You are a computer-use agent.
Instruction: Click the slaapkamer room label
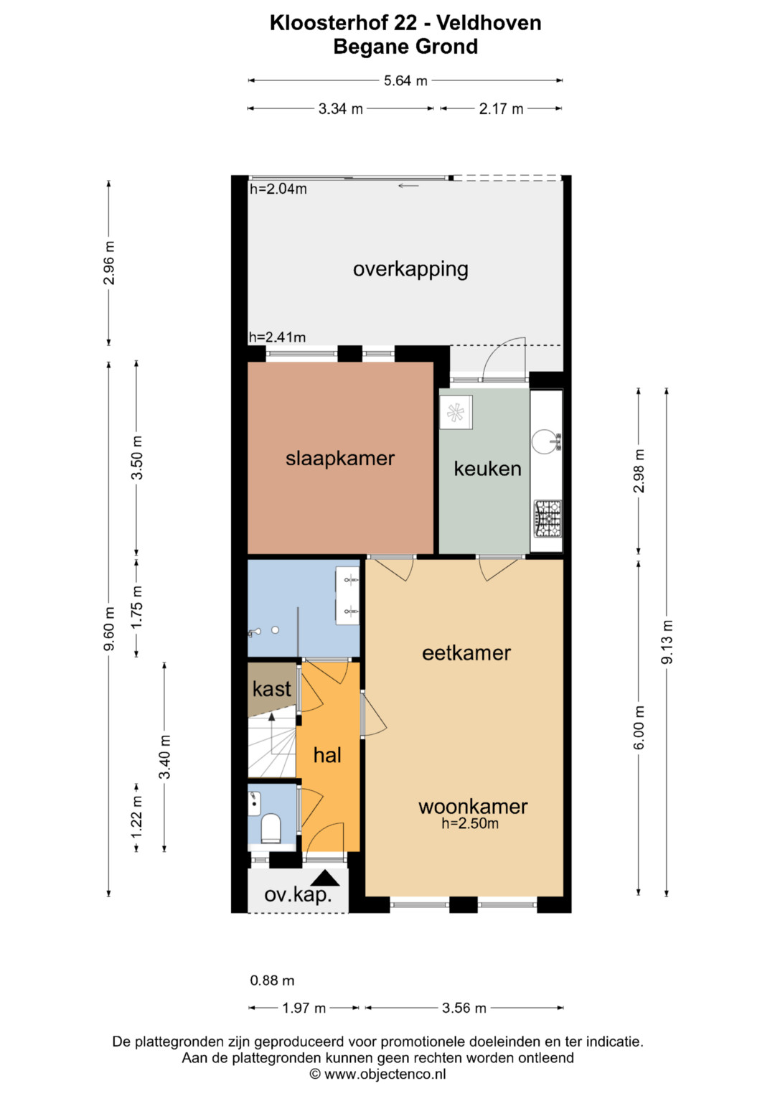coord(340,459)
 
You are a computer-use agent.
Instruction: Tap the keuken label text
coord(487,469)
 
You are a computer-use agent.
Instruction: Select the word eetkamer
coord(466,653)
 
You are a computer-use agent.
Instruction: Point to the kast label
coord(271,689)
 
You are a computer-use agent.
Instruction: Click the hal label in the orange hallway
coord(327,755)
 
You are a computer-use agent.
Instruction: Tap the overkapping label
coord(410,270)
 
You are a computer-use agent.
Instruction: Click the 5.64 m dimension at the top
coord(405,80)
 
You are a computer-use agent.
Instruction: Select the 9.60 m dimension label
coord(109,629)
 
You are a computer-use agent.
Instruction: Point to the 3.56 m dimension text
coord(464,1008)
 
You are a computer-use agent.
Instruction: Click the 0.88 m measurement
coord(272,980)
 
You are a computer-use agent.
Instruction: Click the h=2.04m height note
coord(278,189)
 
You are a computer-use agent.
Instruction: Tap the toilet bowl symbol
coord(270,828)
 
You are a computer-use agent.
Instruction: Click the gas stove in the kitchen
coord(548,519)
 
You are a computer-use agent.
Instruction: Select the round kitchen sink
coord(544,442)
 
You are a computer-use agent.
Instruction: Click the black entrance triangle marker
coord(325,879)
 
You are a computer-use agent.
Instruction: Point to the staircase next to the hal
coord(272,746)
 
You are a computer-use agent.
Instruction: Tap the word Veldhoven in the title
coord(489,23)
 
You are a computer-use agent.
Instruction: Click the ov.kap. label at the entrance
coord(298,896)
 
